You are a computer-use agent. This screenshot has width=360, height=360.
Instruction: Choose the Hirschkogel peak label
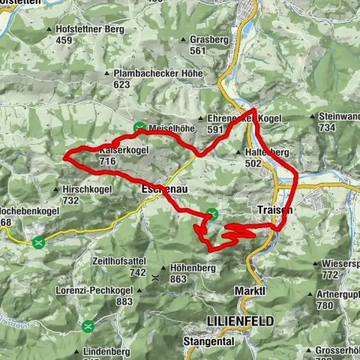87,190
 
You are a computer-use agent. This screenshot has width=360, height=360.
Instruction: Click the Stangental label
208,340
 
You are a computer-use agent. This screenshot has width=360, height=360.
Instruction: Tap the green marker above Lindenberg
88,325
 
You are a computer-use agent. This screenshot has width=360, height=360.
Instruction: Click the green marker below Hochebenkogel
38,241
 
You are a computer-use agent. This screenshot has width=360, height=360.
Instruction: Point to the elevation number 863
178,279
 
